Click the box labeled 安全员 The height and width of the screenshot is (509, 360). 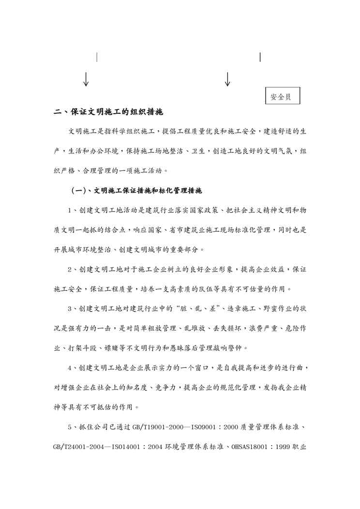pyautogui.click(x=282, y=96)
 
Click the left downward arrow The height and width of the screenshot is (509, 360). pyautogui.click(x=86, y=79)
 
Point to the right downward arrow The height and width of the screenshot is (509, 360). pyautogui.click(x=227, y=79)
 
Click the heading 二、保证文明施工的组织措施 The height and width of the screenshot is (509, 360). pyautogui.click(x=108, y=112)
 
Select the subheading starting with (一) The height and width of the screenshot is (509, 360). pyautogui.click(x=136, y=191)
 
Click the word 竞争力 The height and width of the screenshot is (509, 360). pyautogui.click(x=165, y=387)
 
